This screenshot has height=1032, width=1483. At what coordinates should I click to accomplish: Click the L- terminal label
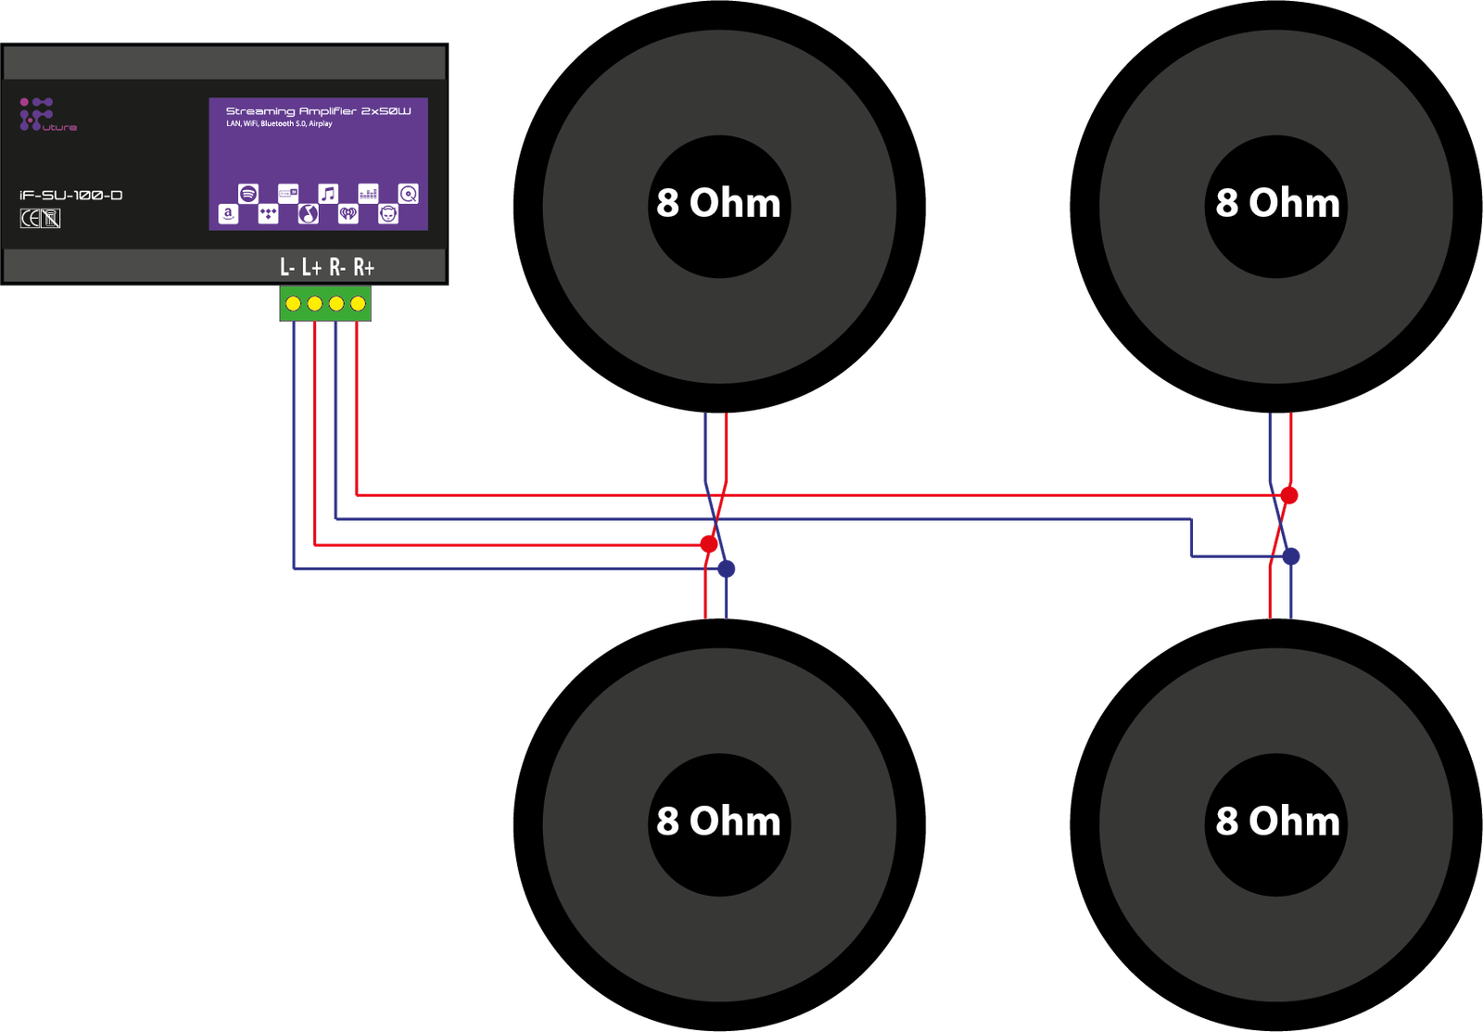pyautogui.click(x=287, y=268)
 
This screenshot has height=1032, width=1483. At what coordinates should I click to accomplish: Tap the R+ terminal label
pyautogui.click(x=363, y=268)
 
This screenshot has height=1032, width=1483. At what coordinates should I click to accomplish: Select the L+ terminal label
pyautogui.click(x=311, y=268)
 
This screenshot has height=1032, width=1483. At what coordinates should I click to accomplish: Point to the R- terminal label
pyautogui.click(x=337, y=268)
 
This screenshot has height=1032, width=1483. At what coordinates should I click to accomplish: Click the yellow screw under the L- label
pyautogui.click(x=293, y=303)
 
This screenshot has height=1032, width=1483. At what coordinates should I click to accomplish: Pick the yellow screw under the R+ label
pyautogui.click(x=358, y=303)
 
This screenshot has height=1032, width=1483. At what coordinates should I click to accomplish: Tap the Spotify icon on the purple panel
pyautogui.click(x=247, y=193)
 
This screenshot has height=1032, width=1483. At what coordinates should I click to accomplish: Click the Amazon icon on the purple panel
pyautogui.click(x=228, y=214)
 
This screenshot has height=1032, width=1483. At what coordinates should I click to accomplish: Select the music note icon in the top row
pyautogui.click(x=328, y=193)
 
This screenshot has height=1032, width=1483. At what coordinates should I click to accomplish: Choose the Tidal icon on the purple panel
pyautogui.click(x=268, y=214)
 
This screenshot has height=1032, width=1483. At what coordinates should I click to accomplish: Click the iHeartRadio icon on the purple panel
pyautogui.click(x=348, y=214)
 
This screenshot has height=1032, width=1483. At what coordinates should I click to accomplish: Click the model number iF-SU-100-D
pyautogui.click(x=71, y=195)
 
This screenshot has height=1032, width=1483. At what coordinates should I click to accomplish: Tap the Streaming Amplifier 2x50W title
pyautogui.click(x=318, y=111)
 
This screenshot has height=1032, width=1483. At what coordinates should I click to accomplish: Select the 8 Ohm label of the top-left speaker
pyautogui.click(x=718, y=203)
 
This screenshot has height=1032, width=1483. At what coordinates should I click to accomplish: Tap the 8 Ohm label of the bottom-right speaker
pyautogui.click(x=1277, y=822)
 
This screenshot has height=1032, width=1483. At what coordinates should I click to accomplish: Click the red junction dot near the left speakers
pyautogui.click(x=709, y=542)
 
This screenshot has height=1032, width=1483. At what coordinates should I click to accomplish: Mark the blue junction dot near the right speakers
pyautogui.click(x=1291, y=556)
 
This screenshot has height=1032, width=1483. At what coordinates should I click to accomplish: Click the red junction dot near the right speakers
pyautogui.click(x=1289, y=495)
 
